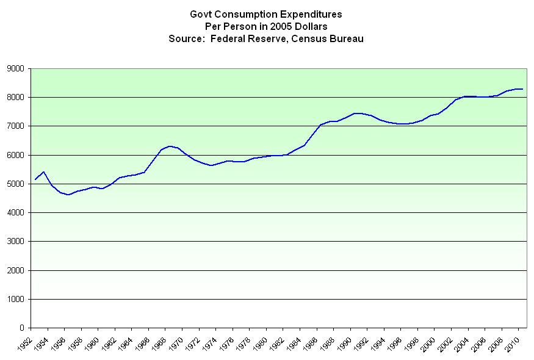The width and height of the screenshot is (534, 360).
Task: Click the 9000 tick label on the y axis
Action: (x=15, y=68)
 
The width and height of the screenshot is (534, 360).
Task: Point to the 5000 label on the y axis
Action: (x=15, y=184)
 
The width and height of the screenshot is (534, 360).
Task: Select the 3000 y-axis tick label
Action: (x=15, y=242)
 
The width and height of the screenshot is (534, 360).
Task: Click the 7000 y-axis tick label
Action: (x=15, y=126)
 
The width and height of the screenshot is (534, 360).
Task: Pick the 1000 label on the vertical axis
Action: (x=15, y=300)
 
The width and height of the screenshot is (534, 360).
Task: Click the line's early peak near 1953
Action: (x=43, y=172)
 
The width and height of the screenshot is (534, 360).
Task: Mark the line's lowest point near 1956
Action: (x=68, y=195)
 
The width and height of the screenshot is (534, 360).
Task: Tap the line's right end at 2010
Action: (x=522, y=89)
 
